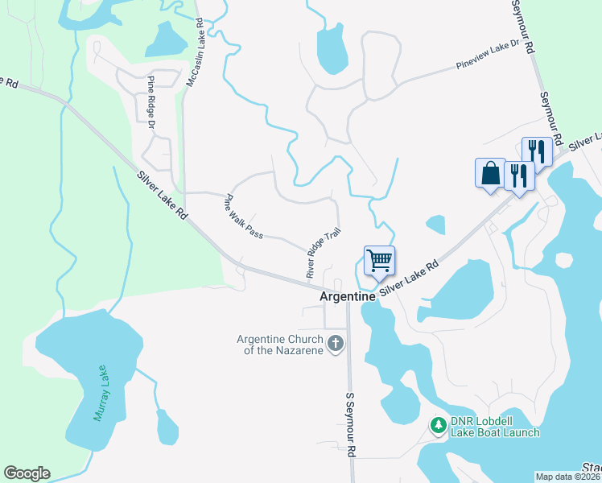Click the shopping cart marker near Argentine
coord(379,261)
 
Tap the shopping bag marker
coord(490,173)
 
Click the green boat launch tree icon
coord(438,424)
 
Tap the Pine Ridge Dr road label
coord(150,101)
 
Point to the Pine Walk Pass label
coord(245,216)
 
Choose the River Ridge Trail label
coord(324,253)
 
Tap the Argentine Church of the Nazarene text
coord(279,345)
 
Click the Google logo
coord(27,473)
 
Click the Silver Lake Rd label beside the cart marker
coord(410,276)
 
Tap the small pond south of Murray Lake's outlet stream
coord(167,427)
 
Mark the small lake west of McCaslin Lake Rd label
coord(167,38)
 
